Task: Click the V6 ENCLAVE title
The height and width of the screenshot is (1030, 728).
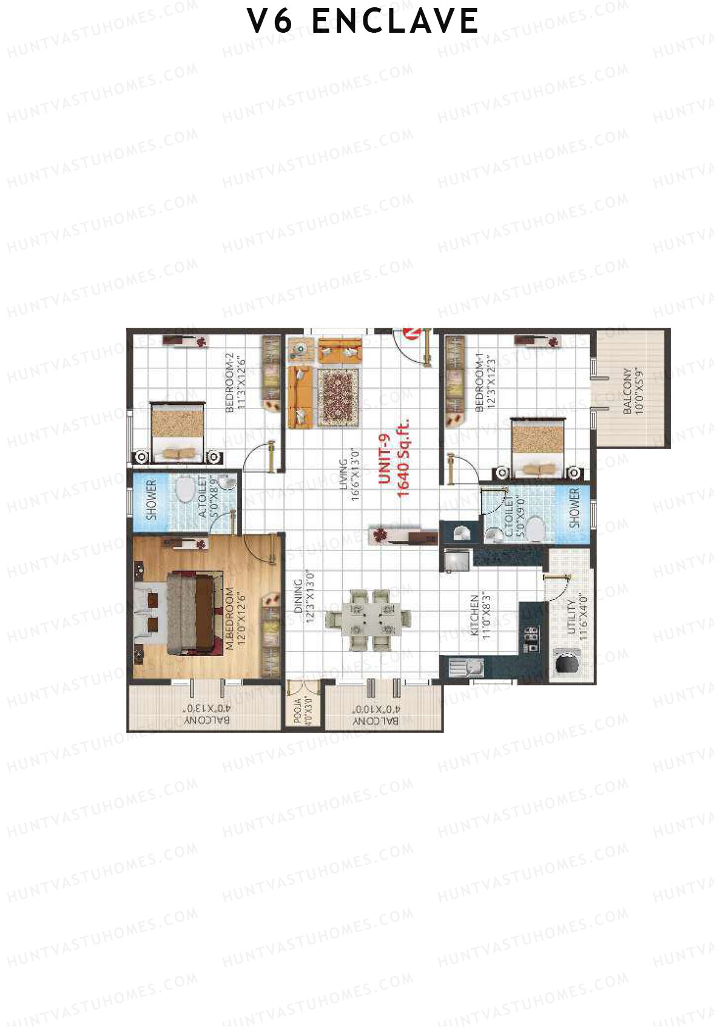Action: pyautogui.click(x=363, y=21)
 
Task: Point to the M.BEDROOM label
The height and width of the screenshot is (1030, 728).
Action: pyautogui.click(x=230, y=619)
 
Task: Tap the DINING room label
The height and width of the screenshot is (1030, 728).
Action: pyautogui.click(x=298, y=596)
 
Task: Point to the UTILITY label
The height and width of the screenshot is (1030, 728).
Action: pyautogui.click(x=571, y=617)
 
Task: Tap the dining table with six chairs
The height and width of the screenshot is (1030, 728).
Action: pyautogui.click(x=368, y=619)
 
